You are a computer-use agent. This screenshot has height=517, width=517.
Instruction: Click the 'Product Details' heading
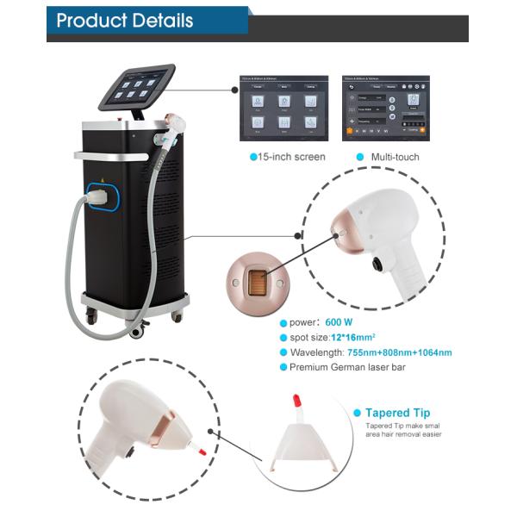pyautogui.click(x=125, y=21)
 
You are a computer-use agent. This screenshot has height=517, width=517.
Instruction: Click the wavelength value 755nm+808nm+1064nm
pyautogui.click(x=400, y=352)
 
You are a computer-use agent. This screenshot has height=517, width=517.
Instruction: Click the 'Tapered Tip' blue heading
pyautogui.click(x=397, y=413)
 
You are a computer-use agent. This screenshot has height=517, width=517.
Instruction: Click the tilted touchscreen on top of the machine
pyautogui.click(x=136, y=86)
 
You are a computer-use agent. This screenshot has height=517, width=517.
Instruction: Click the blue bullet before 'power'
pyautogui.click(x=282, y=321)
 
